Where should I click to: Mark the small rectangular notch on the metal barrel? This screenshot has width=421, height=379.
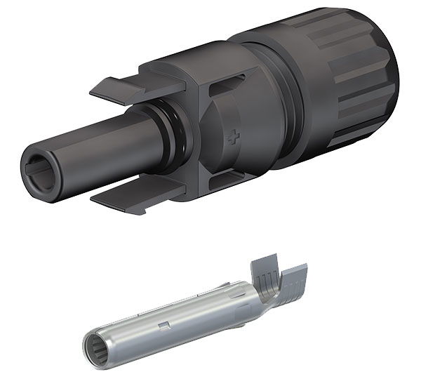coord(163,325)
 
